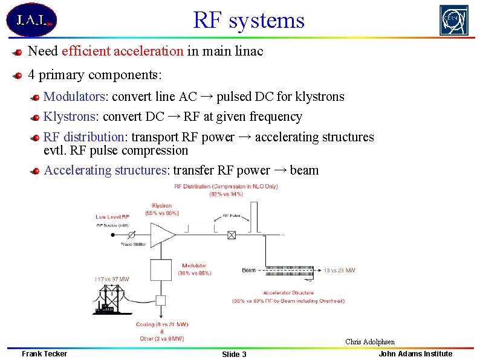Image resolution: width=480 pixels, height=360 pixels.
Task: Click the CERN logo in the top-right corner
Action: click(x=453, y=20)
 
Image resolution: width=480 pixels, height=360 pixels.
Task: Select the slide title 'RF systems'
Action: click(x=248, y=20)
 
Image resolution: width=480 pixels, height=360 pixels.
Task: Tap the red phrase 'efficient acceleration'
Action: click(x=122, y=51)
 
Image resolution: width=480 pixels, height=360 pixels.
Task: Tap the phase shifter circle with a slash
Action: click(x=131, y=235)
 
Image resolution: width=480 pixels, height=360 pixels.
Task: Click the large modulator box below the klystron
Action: click(x=161, y=269)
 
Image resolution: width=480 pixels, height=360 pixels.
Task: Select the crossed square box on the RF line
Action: click(x=232, y=235)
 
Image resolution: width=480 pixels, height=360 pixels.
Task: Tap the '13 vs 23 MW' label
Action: click(x=339, y=271)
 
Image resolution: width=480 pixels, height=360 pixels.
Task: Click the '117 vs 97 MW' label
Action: click(x=112, y=278)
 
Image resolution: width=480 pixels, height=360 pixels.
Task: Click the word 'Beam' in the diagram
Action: click(x=248, y=270)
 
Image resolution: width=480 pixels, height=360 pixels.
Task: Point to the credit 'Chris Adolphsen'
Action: click(x=370, y=342)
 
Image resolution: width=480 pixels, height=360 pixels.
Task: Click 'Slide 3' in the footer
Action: click(x=234, y=354)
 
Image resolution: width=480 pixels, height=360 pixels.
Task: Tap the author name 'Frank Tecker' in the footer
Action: click(x=44, y=353)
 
